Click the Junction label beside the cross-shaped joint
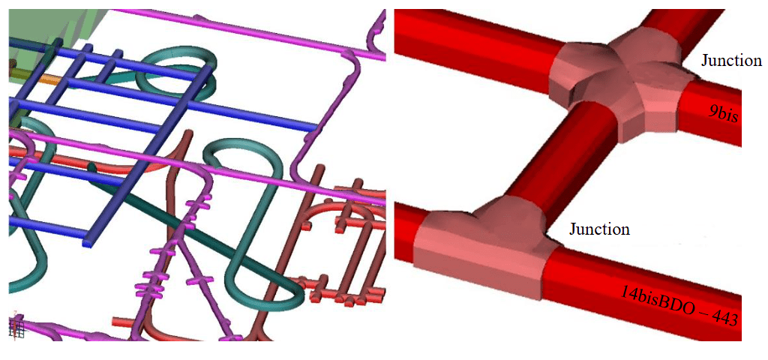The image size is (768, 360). tap(731, 61)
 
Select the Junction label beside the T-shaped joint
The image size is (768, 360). tap(599, 229)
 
